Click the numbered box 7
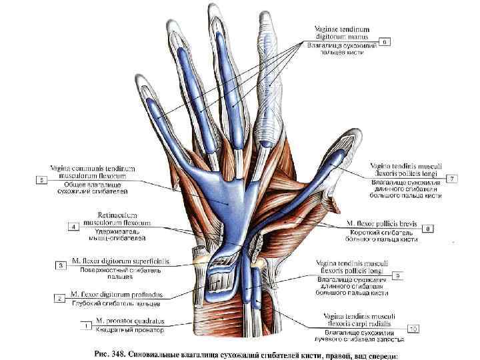coord(453,179)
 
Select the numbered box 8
coord(429,228)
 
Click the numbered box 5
coord(42,179)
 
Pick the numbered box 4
coord(73,227)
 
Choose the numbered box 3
coord(61,265)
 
